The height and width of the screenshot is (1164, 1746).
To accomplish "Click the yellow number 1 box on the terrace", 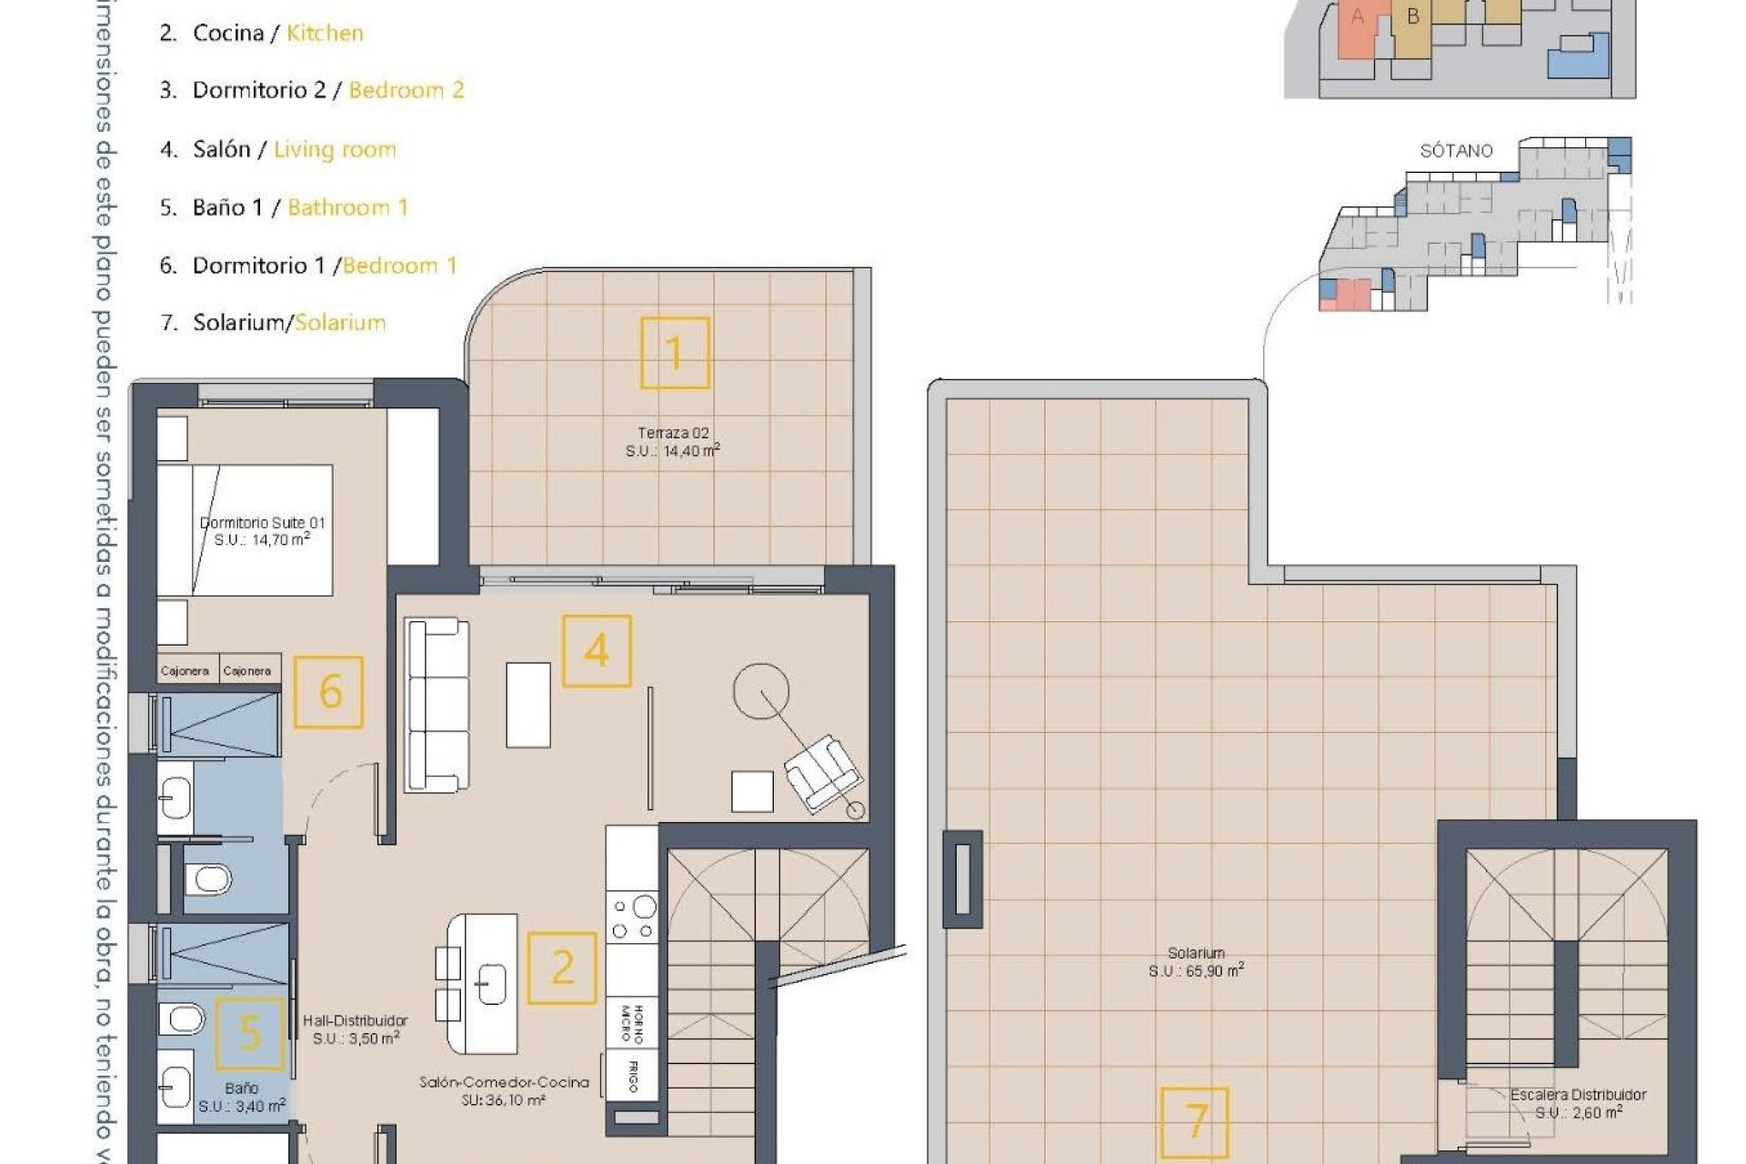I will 674,353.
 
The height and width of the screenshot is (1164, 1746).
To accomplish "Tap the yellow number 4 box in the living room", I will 597,651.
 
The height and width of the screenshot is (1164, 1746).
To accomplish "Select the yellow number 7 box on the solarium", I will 1195,1123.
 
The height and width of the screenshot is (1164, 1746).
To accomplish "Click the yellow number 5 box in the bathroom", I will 249,1033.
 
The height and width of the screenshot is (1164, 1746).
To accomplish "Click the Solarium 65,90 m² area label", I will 1196,962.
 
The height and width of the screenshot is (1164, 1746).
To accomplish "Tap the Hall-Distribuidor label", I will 356,1029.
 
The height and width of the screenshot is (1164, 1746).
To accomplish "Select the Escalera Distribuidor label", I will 1578,1103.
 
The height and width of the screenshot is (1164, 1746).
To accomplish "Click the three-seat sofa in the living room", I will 437,706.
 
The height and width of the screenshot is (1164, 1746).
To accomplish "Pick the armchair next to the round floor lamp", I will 823,772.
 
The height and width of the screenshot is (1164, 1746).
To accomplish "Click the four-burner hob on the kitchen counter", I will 633,918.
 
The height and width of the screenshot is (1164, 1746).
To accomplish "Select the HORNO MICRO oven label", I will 632,1024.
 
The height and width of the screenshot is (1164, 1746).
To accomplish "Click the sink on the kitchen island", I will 491,983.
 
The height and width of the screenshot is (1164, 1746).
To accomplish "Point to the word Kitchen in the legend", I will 325,33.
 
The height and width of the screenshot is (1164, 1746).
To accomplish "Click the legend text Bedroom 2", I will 406,90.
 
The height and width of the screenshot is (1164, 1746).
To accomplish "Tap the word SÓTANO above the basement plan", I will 1456,151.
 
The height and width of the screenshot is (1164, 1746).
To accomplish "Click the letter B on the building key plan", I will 1412,16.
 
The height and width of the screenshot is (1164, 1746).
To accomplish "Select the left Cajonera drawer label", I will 185,671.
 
